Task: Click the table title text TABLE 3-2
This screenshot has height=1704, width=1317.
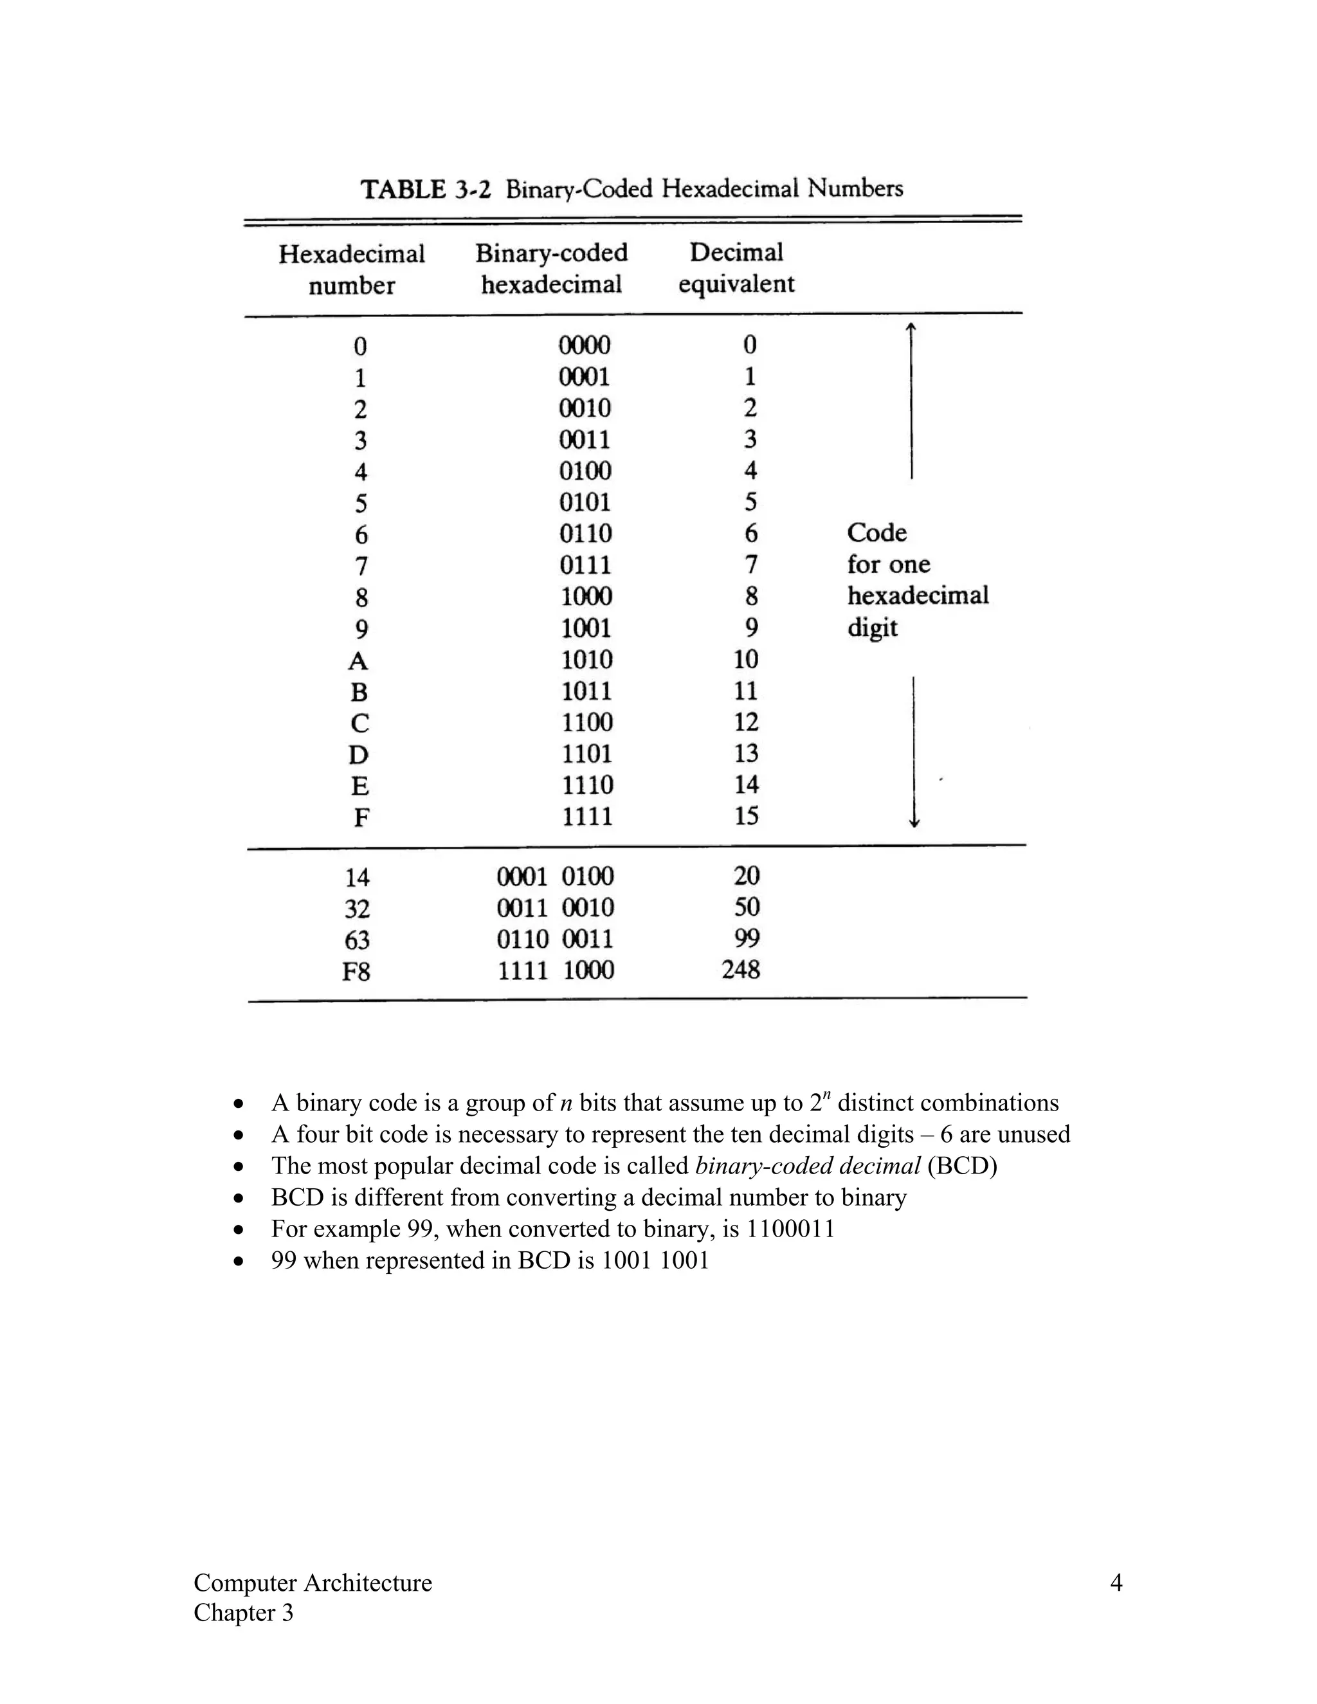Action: pyautogui.click(x=425, y=190)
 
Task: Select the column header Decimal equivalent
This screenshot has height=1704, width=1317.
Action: pyautogui.click(x=736, y=267)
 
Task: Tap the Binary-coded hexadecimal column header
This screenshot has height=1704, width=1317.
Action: pyautogui.click(x=552, y=268)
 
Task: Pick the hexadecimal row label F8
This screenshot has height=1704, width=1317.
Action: pyautogui.click(x=356, y=972)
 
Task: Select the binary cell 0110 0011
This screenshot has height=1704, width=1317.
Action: pyautogui.click(x=556, y=939)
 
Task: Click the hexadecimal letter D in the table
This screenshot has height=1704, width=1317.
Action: pyautogui.click(x=358, y=754)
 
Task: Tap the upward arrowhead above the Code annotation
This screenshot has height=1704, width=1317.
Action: pyautogui.click(x=911, y=329)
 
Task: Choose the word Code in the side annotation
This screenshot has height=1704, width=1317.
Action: pyautogui.click(x=876, y=533)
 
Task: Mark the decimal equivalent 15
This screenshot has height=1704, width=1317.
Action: pyautogui.click(x=746, y=816)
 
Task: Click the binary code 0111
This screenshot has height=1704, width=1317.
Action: pyautogui.click(x=585, y=565)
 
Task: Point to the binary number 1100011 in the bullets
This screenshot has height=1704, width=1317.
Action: pyautogui.click(x=790, y=1229)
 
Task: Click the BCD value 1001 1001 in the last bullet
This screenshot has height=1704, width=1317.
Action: pyautogui.click(x=655, y=1260)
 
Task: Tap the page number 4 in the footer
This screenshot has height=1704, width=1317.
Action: pyautogui.click(x=1116, y=1583)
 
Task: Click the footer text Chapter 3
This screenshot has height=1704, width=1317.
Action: pyautogui.click(x=244, y=1613)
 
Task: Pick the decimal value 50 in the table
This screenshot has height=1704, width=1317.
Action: pyautogui.click(x=747, y=907)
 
